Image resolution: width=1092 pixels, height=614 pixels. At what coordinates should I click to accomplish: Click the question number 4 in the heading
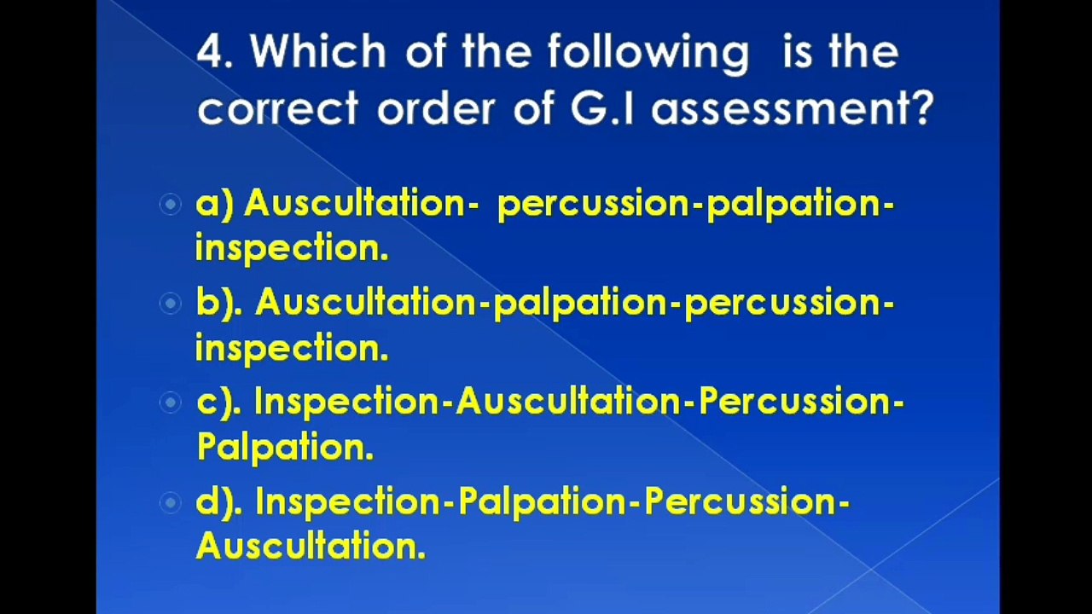pos(213,53)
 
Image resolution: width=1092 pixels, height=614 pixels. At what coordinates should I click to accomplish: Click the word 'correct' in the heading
pos(278,109)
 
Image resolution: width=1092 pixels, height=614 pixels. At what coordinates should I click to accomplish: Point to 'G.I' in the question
pos(602,109)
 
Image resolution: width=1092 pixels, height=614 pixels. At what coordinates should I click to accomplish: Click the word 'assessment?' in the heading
pos(793,109)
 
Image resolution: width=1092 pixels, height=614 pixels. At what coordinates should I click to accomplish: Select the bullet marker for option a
pos(171,205)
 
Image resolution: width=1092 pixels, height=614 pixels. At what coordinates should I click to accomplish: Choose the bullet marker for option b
pos(171,303)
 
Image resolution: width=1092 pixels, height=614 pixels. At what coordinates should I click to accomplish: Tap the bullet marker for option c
pos(171,403)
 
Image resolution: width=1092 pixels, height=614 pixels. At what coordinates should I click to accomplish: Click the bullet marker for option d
pos(171,502)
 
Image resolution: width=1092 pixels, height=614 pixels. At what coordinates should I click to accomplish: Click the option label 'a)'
pos(215,205)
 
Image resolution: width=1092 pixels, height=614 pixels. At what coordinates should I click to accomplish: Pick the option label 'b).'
pos(219,303)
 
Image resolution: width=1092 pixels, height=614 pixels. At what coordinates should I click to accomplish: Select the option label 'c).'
pos(218,403)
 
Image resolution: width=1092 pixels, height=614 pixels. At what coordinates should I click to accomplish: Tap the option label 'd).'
pos(219,502)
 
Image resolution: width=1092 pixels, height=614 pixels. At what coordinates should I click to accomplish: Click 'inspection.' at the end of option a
pos(292,249)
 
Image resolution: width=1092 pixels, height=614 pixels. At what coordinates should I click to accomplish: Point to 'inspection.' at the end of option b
pos(292,348)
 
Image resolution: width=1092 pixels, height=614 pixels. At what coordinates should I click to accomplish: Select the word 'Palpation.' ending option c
pos(285,448)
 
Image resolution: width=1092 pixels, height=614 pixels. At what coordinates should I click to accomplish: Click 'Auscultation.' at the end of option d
pos(311,547)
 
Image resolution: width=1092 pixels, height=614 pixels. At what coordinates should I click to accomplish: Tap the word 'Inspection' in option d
pos(349,503)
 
